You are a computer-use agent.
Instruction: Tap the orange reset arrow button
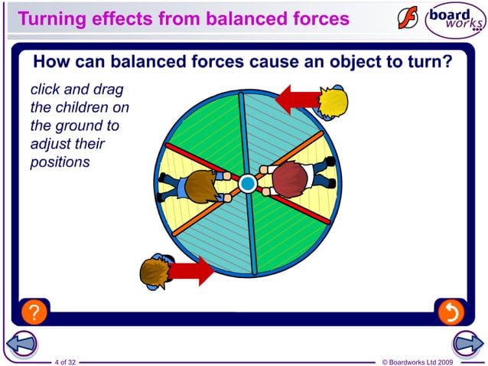click(451, 312)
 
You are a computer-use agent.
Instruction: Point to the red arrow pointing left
click(298, 98)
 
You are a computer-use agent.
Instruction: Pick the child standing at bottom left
click(156, 270)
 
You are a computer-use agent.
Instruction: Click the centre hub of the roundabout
click(247, 184)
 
